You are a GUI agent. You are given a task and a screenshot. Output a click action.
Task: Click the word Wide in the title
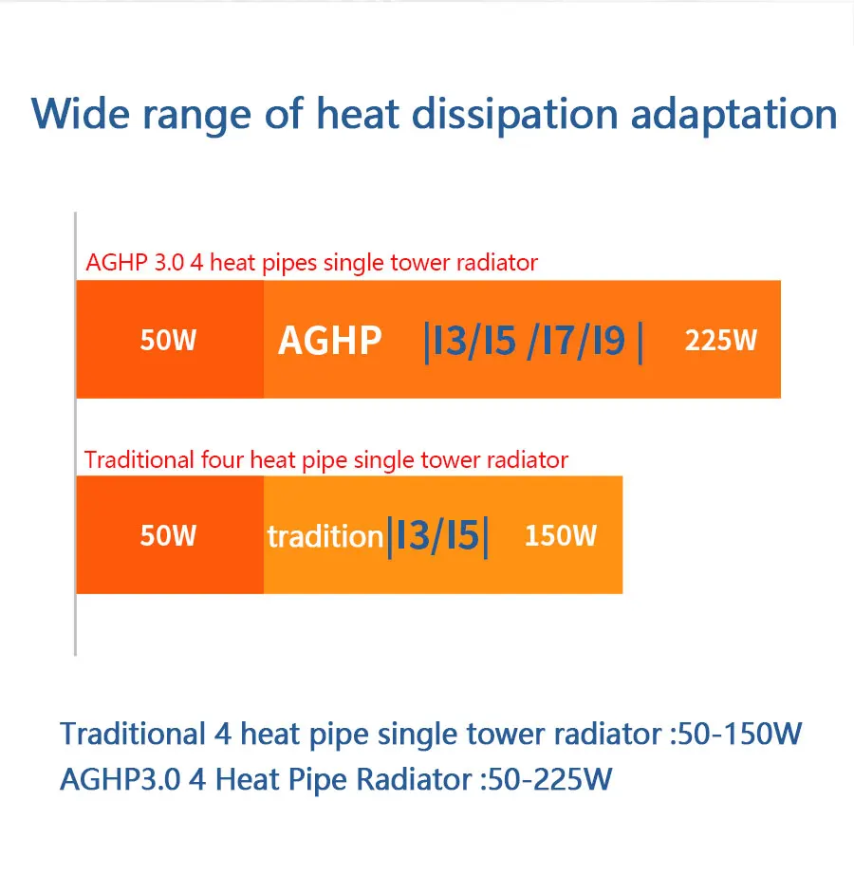pyautogui.click(x=81, y=114)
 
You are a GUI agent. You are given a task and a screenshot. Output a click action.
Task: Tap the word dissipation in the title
pyautogui.click(x=515, y=117)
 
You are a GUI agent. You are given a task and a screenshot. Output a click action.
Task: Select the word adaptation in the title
pyautogui.click(x=733, y=117)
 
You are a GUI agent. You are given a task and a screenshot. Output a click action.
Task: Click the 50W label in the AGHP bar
pyautogui.click(x=168, y=340)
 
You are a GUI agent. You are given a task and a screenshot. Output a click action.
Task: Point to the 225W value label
pyautogui.click(x=720, y=340)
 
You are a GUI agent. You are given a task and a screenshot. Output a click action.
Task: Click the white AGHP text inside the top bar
pyautogui.click(x=329, y=341)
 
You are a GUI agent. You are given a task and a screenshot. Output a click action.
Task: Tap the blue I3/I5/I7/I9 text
pyautogui.click(x=533, y=341)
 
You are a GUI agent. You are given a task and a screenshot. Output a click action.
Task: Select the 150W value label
pyautogui.click(x=561, y=535)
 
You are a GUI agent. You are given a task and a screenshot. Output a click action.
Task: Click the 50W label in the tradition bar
pyautogui.click(x=168, y=535)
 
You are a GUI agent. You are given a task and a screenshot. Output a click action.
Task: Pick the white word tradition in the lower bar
pyautogui.click(x=325, y=536)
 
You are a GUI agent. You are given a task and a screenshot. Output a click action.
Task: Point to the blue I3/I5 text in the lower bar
pyautogui.click(x=437, y=536)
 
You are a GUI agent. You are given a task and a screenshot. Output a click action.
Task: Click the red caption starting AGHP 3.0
pyautogui.click(x=312, y=263)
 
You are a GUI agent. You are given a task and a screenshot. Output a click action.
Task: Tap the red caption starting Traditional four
pyautogui.click(x=326, y=459)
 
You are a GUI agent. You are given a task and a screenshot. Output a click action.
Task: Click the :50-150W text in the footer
pyautogui.click(x=736, y=734)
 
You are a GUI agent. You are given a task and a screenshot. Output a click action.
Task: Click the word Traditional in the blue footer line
pyautogui.click(x=133, y=734)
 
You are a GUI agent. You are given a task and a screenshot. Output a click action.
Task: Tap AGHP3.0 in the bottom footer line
pyautogui.click(x=121, y=779)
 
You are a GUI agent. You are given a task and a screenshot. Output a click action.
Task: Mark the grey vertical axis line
pyautogui.click(x=75, y=434)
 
